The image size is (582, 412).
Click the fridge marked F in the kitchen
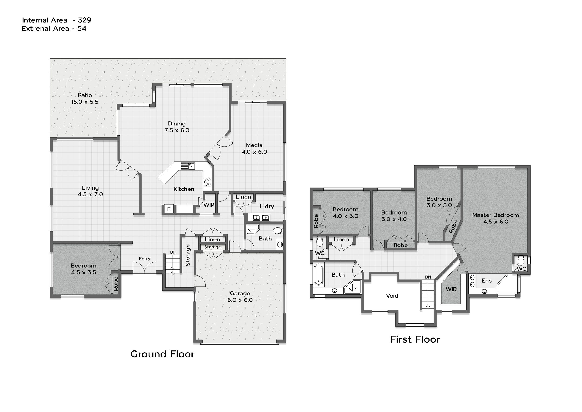tap(169, 209)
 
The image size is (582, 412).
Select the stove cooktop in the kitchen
tap(207, 182)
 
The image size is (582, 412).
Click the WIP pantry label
tap(209, 205)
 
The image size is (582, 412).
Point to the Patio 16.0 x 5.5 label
tap(85, 98)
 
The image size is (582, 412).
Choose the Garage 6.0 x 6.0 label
tap(240, 297)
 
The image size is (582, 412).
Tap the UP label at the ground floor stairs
tap(172, 252)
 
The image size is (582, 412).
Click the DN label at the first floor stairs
tap(428, 277)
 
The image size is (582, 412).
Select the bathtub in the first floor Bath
tap(318, 274)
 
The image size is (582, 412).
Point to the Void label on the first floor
tap(392, 296)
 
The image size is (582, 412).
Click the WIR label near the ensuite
tap(451, 289)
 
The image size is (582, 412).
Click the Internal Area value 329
tap(85, 20)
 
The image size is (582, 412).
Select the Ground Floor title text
tap(162, 354)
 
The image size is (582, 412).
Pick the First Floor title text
tap(415, 339)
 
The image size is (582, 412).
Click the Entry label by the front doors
tap(145, 259)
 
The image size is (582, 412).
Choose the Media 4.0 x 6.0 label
tap(254, 149)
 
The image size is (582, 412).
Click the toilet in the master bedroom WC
tap(521, 260)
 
